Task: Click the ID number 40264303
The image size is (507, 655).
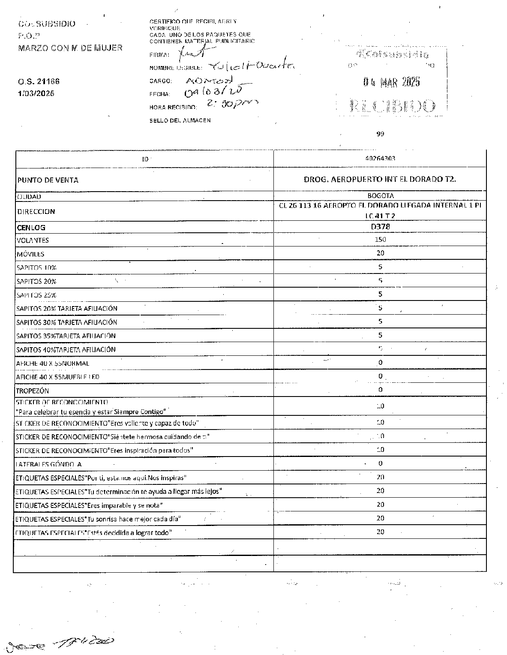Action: (x=380, y=158)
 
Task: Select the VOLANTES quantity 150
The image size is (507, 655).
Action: (x=380, y=240)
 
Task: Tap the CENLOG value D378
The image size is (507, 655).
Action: (x=380, y=227)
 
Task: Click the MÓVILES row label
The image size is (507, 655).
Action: (x=30, y=254)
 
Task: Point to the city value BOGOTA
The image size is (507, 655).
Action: (x=380, y=196)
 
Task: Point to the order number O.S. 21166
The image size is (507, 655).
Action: (x=39, y=81)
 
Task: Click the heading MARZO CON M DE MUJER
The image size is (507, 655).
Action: (x=70, y=48)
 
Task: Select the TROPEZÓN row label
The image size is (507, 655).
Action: (x=33, y=391)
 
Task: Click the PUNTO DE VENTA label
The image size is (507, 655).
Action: (x=48, y=180)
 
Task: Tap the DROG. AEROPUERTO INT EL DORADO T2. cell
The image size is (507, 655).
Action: (x=380, y=179)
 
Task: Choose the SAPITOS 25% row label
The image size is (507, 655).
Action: (x=36, y=295)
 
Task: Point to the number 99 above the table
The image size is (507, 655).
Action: (x=380, y=134)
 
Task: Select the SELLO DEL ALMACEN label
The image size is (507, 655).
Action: (x=180, y=120)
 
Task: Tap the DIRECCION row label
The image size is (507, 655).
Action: (x=36, y=211)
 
